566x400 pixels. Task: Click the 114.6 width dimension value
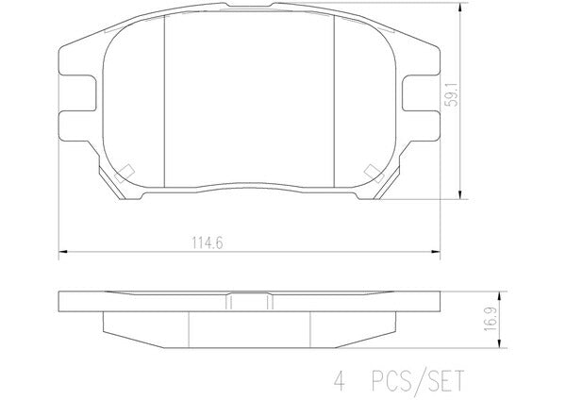click(208, 242)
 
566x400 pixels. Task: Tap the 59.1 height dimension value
click(451, 94)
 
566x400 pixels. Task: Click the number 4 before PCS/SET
click(340, 381)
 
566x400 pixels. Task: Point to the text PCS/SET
click(417, 381)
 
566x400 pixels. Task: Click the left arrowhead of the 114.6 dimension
click(63, 252)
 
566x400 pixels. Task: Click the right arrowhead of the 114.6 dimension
click(436, 252)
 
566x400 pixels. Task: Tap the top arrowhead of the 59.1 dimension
click(460, 8)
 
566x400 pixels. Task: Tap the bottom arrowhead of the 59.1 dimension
click(460, 194)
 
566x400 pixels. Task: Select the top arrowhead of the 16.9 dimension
click(499, 296)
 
